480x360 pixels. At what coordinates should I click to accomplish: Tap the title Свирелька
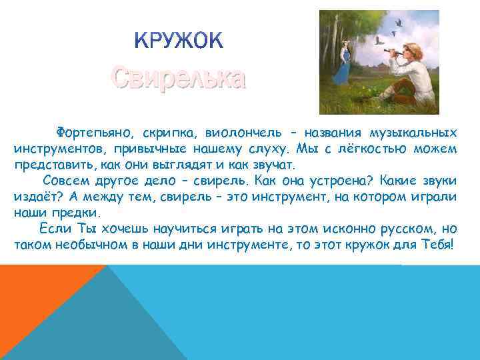[178, 79]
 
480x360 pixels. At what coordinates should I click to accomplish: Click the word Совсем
[65, 181]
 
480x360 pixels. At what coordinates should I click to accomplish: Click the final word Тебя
[437, 245]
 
